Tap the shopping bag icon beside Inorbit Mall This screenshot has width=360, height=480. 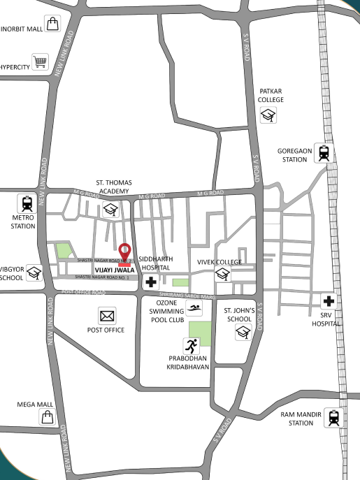52,24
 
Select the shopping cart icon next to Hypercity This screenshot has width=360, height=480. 41,62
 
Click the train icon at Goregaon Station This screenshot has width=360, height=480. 323,152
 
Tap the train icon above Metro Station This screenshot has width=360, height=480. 27,203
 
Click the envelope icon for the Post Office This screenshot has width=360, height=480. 107,317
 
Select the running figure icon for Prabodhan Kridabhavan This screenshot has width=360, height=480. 192,345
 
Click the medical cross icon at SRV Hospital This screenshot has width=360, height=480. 329,303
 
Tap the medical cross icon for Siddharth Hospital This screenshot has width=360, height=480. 150,283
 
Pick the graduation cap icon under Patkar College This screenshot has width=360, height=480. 268,115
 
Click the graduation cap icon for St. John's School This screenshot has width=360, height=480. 243,333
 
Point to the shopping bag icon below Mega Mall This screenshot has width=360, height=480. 47,417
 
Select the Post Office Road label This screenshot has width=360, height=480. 83,291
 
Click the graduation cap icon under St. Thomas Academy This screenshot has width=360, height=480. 110,210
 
